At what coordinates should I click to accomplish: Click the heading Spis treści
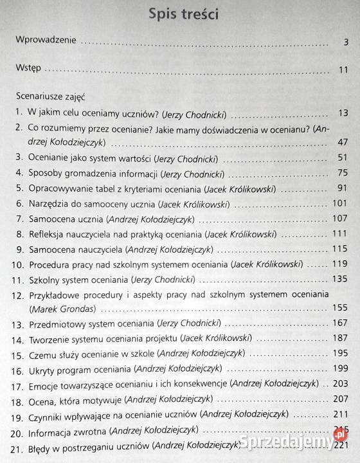(x=179, y=14)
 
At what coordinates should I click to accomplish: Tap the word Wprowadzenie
(x=46, y=41)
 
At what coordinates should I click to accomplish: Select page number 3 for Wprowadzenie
(x=346, y=43)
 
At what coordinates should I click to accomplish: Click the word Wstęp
(x=30, y=68)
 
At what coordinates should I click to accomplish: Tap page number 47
(x=342, y=142)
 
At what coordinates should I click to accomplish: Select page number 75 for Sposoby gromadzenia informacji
(x=342, y=174)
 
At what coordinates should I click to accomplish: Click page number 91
(x=342, y=189)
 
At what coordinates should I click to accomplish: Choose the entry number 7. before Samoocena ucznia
(x=20, y=219)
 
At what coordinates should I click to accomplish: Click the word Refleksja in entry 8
(x=49, y=234)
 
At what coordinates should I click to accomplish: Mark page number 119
(x=339, y=264)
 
